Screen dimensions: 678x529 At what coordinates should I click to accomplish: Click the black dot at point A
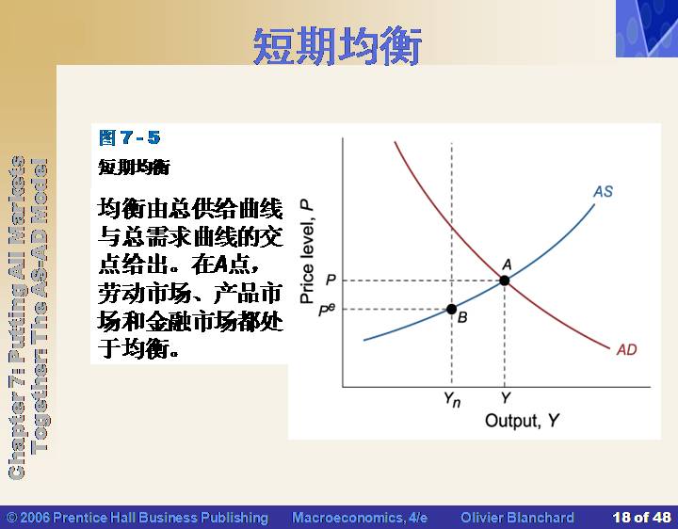[504, 281]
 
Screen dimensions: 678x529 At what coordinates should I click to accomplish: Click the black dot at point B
[451, 309]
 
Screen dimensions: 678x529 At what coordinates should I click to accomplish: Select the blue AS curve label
[604, 191]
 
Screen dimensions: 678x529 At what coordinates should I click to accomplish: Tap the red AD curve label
[627, 349]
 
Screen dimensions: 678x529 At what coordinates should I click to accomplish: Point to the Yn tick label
[452, 400]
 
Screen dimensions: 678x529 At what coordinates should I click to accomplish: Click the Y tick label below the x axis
[506, 397]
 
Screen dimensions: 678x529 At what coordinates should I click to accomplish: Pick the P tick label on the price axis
[331, 281]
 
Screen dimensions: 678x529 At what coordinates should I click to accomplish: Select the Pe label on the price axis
[327, 310]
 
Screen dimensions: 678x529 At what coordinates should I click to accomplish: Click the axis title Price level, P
[307, 251]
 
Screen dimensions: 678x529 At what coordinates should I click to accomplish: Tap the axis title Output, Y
[523, 421]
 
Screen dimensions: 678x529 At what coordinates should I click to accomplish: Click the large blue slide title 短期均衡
[337, 46]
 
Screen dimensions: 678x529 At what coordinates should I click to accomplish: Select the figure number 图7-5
[130, 137]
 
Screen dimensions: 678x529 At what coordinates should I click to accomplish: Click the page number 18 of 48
[642, 518]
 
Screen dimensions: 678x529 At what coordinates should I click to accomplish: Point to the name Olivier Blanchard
[518, 518]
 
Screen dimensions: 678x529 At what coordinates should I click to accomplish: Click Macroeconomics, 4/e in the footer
[360, 518]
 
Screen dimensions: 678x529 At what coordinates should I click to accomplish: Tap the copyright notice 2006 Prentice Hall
[137, 518]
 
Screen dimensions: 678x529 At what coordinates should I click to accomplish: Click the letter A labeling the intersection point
[508, 264]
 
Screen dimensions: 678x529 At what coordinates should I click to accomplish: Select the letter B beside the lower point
[462, 317]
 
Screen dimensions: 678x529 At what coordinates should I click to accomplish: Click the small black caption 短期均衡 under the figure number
[135, 167]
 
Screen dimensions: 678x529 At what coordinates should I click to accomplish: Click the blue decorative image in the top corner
[647, 28]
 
